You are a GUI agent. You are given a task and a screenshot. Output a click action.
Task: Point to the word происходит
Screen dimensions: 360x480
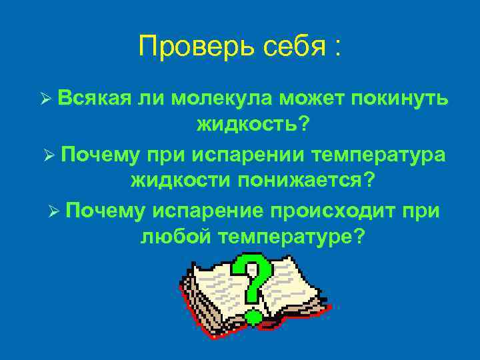click(x=332, y=211)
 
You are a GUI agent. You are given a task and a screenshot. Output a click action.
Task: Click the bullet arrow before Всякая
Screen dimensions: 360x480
click(x=45, y=100)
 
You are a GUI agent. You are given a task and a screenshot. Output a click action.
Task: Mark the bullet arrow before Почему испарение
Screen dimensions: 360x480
click(x=55, y=212)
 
